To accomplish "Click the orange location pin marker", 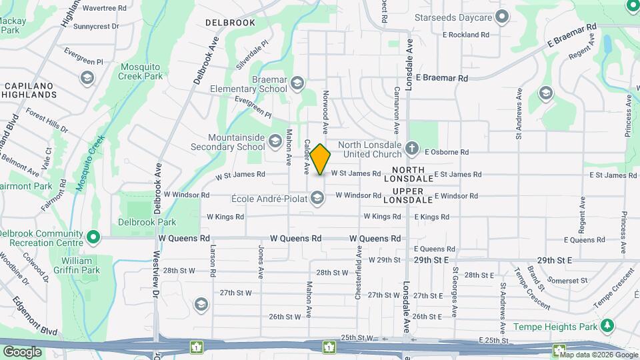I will pos(320,159).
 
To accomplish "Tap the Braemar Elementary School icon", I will pos(297,83).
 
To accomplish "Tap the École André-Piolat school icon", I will pos(318,197).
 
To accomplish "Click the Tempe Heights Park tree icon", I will pos(607,325).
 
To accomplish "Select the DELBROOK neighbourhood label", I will pos(230,23).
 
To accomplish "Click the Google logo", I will pos(22,351).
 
